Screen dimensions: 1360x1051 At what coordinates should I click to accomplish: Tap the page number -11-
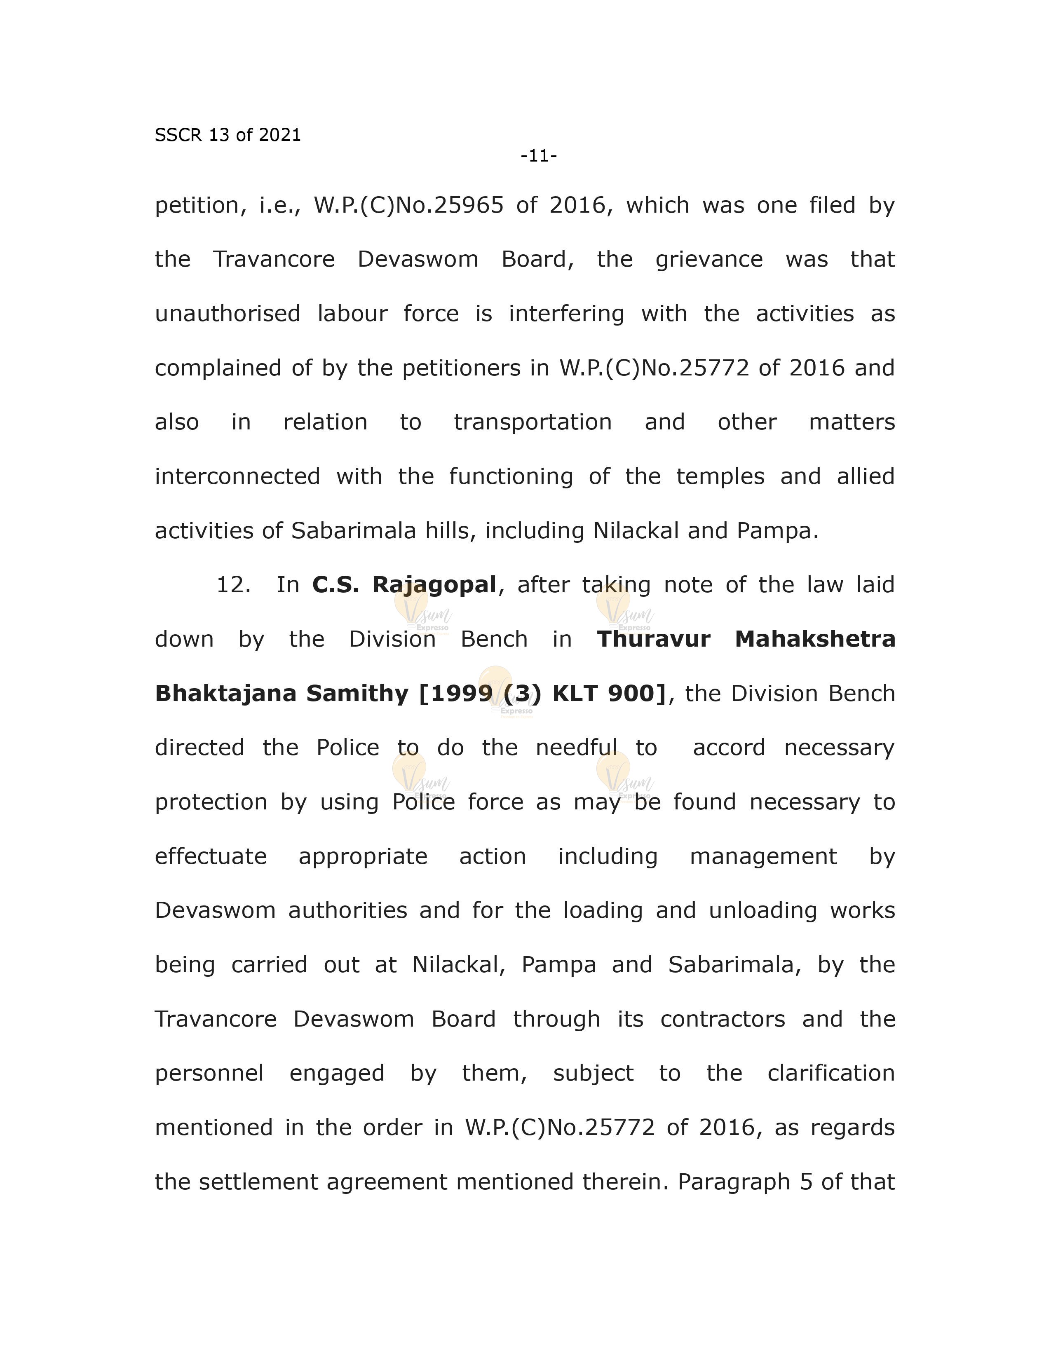[x=539, y=156]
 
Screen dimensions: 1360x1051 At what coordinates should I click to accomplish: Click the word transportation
[x=533, y=422]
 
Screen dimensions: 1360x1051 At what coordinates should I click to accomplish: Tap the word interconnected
[x=237, y=476]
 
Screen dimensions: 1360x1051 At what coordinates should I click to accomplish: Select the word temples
[x=720, y=476]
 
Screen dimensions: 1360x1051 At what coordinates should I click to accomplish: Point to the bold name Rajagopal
[x=434, y=585]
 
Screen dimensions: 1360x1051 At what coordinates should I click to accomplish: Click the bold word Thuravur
[x=653, y=639]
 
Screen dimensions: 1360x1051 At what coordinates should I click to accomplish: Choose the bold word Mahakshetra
[x=814, y=639]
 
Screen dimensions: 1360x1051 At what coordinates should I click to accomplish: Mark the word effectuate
[x=211, y=856]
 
